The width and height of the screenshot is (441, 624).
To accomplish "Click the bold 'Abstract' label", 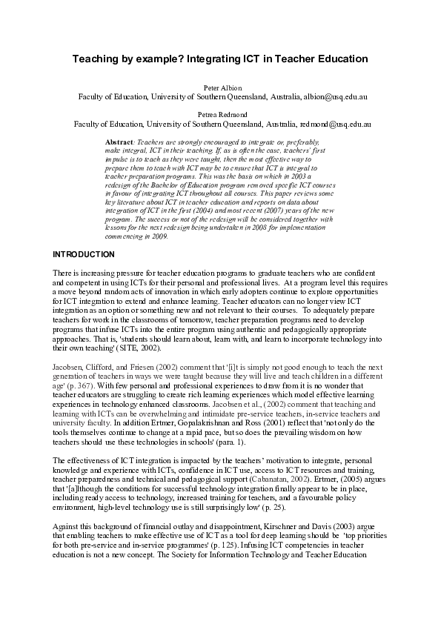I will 120,140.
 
